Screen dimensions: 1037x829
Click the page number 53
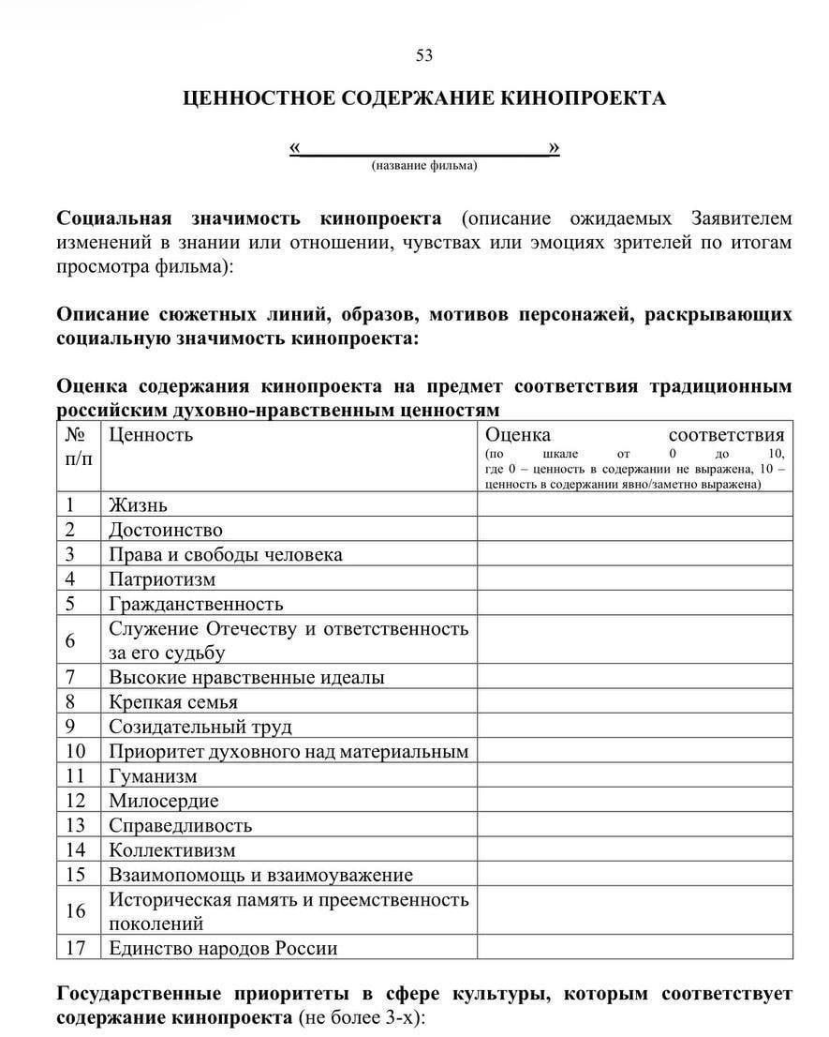point(424,55)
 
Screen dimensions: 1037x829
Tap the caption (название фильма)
point(424,165)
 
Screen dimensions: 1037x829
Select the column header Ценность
point(151,434)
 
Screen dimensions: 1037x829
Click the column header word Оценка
point(518,434)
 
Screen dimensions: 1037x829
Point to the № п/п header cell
point(79,445)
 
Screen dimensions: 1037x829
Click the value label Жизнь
point(138,505)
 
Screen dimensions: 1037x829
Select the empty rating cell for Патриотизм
point(634,579)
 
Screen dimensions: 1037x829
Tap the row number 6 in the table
point(70,641)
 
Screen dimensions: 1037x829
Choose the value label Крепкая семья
point(173,702)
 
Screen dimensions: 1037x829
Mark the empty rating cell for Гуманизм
point(634,776)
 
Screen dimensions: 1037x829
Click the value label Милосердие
point(164,802)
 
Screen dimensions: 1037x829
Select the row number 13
point(75,826)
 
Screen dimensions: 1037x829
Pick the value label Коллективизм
point(172,850)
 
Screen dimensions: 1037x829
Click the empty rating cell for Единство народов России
point(634,948)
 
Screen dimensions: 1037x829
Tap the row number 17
point(75,948)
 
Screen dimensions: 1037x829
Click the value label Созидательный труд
point(200,727)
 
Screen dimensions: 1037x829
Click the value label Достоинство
point(166,530)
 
